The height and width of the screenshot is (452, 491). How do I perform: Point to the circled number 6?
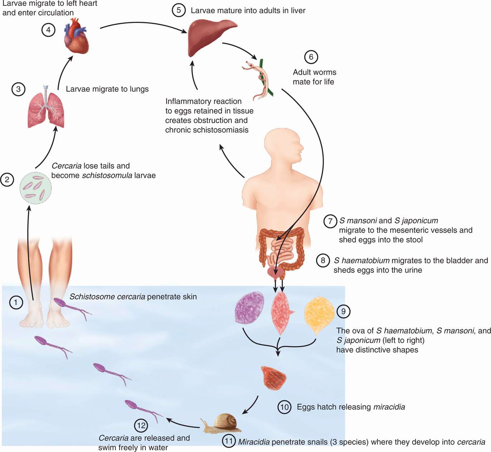click(x=311, y=57)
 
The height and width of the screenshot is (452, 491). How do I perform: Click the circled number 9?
click(x=343, y=311)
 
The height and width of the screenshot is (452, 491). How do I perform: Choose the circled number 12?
click(x=141, y=425)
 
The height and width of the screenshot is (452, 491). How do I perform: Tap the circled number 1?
click(x=15, y=303)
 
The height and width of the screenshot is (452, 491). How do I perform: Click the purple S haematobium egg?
click(x=249, y=308)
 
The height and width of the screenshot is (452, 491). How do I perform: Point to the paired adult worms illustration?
click(x=260, y=79)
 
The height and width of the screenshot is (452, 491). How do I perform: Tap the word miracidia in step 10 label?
click(x=389, y=407)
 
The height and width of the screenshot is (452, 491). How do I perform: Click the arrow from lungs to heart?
click(x=63, y=73)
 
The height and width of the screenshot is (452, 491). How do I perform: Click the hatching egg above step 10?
click(x=273, y=377)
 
